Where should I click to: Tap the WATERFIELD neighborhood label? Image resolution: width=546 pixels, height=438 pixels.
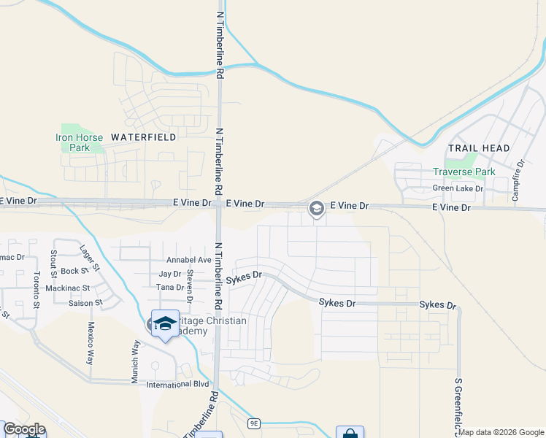[143, 137]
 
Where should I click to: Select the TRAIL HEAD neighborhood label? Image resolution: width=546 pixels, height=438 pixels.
[479, 148]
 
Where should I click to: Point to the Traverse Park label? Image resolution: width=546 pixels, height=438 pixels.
[464, 172]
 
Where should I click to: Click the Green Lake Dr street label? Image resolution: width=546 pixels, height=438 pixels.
[458, 188]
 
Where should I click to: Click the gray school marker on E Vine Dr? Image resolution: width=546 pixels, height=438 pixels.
[316, 208]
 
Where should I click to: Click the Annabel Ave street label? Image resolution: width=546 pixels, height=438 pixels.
[188, 260]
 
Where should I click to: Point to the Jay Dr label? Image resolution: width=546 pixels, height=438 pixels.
[170, 274]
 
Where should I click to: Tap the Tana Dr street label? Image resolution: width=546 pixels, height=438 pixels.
[170, 288]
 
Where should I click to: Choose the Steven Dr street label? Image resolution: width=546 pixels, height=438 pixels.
[190, 286]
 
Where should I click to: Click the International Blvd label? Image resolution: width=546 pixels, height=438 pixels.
[178, 385]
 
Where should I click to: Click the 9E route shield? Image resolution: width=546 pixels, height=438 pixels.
[254, 423]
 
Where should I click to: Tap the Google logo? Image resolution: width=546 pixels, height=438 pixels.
[24, 429]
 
